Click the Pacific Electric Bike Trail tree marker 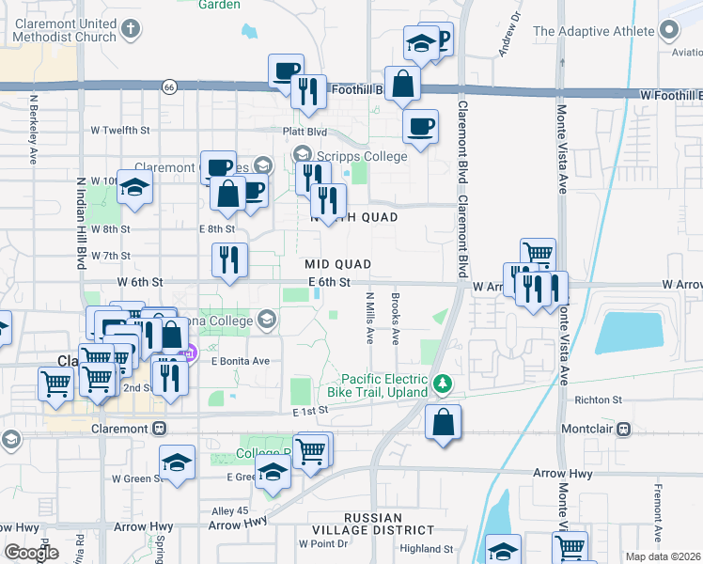[x=442, y=384]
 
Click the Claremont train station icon [x=159, y=429]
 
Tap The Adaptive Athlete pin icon [x=669, y=31]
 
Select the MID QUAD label [x=337, y=265]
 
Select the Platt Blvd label [x=305, y=132]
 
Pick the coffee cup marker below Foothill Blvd [x=420, y=125]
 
